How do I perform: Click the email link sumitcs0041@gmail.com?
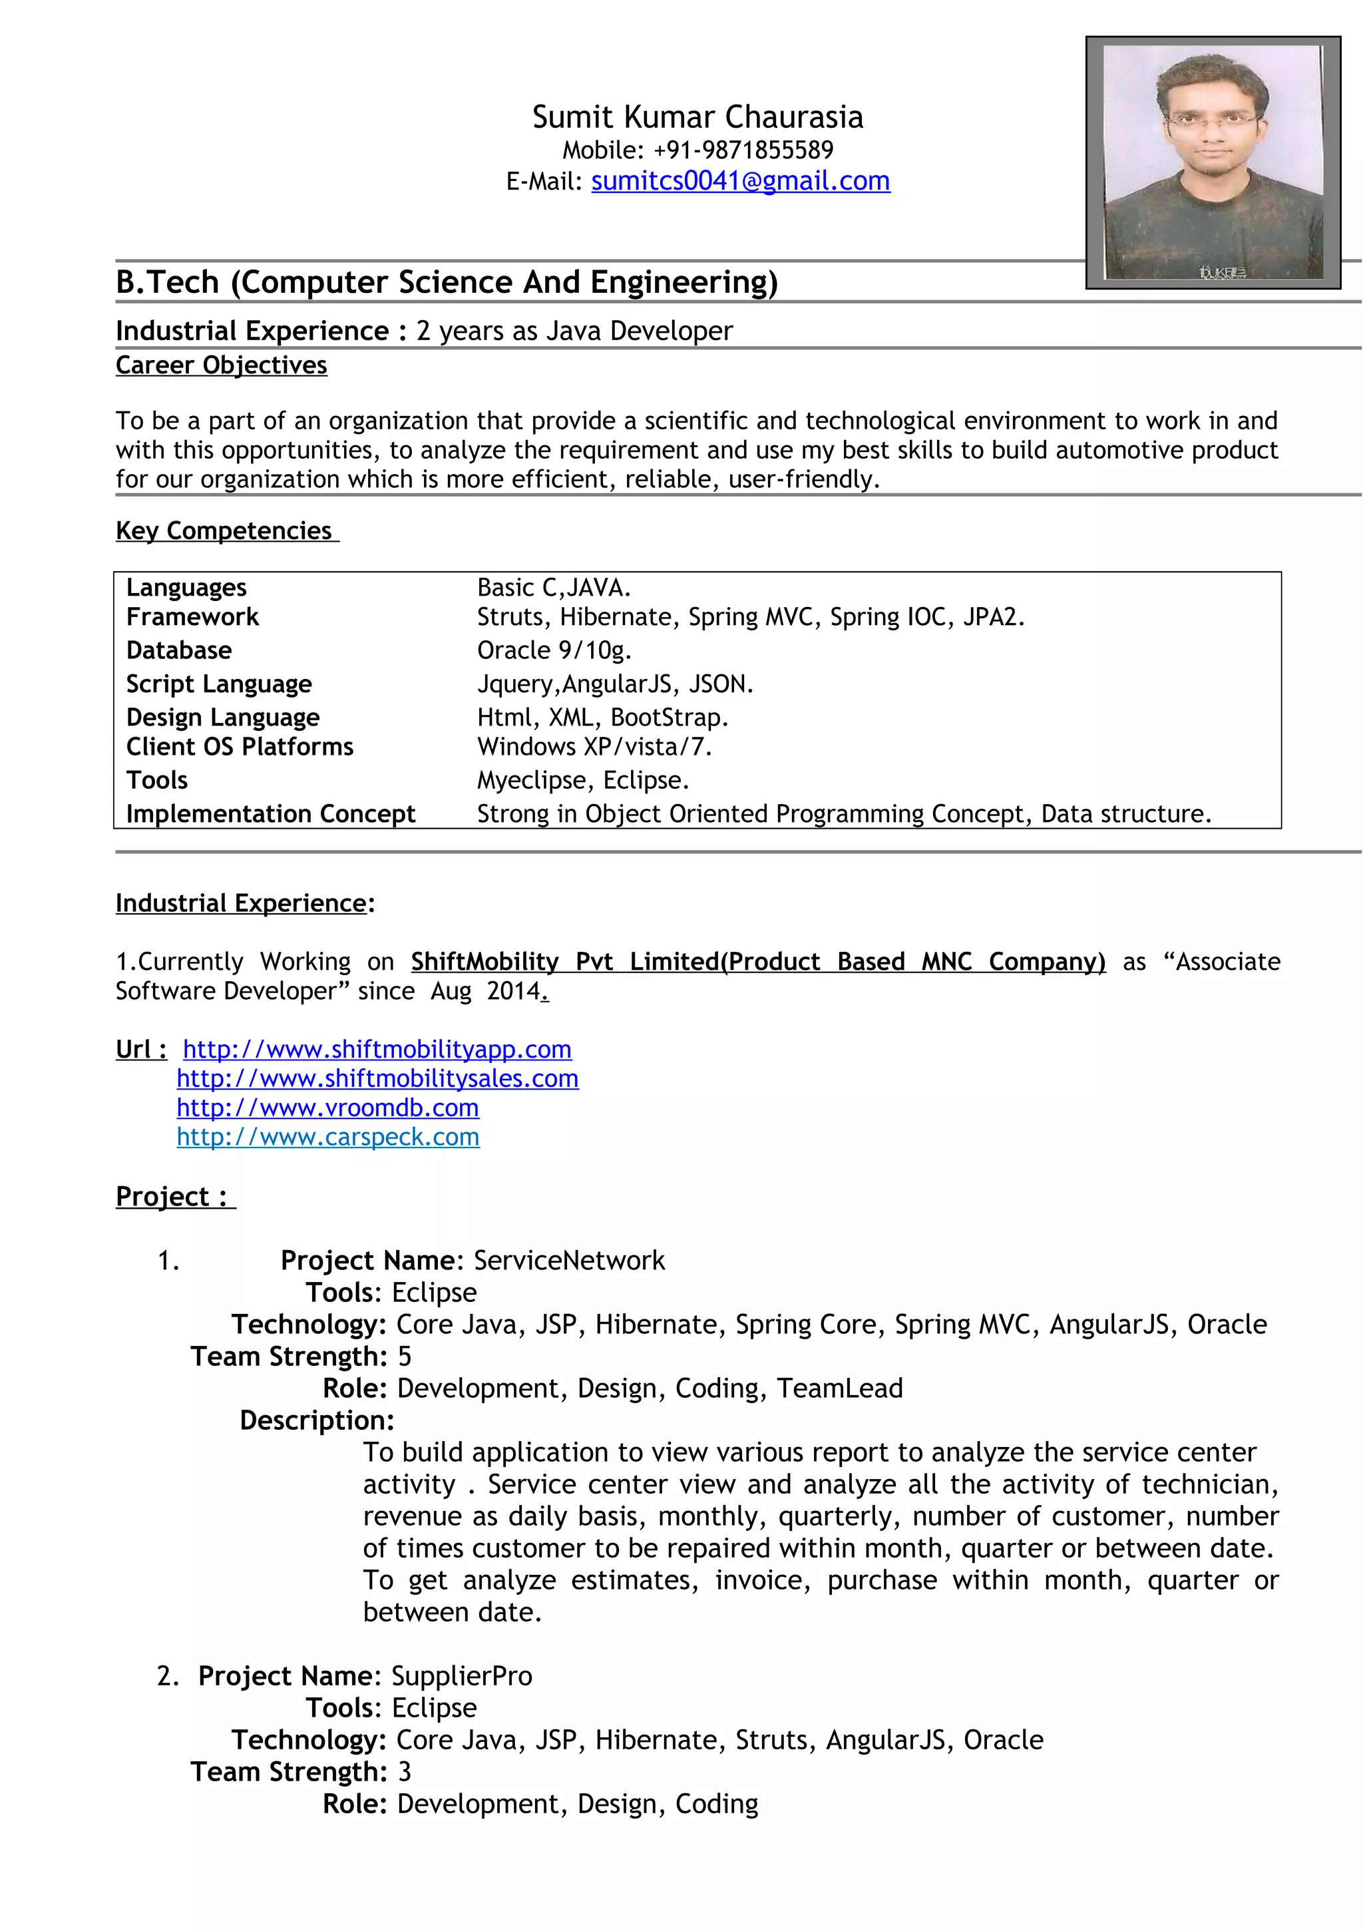pos(740,182)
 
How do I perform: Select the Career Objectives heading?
pos(222,365)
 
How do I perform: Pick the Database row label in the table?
pos(179,650)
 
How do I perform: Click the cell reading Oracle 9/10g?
pos(554,650)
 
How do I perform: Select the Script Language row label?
pos(218,684)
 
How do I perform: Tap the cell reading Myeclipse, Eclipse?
pos(583,781)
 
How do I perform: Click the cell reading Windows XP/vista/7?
pos(594,747)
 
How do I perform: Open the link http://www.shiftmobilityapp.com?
pos(377,1049)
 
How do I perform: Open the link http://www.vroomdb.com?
pos(327,1108)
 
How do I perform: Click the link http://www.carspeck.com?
pos(327,1138)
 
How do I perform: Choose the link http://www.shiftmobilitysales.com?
pos(377,1079)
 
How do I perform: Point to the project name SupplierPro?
pos(461,1676)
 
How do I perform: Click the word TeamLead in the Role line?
pos(839,1389)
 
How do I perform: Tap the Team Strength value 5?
pos(404,1357)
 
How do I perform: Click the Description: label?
pos(317,1420)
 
